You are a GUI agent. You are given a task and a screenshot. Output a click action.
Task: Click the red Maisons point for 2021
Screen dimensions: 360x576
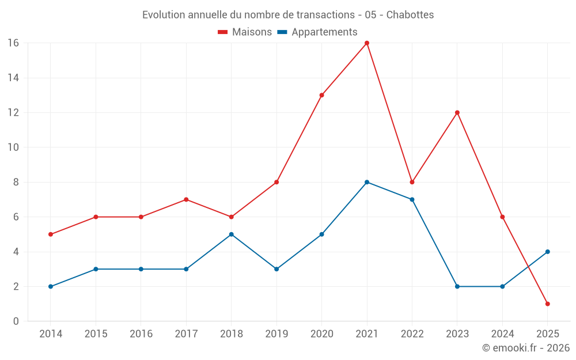coord(367,43)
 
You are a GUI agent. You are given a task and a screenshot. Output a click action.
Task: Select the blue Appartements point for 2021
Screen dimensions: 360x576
coord(367,182)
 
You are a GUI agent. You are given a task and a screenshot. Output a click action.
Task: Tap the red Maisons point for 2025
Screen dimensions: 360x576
coord(547,304)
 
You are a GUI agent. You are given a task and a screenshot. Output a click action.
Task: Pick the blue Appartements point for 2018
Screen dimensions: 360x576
coord(231,234)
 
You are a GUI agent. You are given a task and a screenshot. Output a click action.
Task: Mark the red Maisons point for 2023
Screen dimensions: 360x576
coord(457,113)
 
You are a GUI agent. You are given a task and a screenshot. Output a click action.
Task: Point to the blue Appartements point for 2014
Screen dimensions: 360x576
coord(51,286)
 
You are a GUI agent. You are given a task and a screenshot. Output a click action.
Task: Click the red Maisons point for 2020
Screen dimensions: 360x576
coord(321,95)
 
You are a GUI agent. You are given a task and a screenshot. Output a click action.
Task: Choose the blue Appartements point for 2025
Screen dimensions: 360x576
coord(547,252)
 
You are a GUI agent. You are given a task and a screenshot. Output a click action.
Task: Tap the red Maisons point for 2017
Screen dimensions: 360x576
coord(186,199)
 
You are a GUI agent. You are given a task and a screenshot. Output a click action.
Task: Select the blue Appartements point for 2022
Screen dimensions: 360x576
coord(412,199)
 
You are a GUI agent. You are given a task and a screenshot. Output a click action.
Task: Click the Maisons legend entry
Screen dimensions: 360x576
coord(245,32)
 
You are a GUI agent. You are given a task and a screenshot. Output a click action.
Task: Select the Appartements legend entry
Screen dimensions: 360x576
coord(317,32)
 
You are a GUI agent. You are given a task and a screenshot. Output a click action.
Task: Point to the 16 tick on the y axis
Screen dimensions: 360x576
coord(13,43)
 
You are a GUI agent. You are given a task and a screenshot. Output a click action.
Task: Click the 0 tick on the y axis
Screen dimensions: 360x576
coord(16,321)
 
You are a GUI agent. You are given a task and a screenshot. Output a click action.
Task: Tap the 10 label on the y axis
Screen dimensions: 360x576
coord(13,147)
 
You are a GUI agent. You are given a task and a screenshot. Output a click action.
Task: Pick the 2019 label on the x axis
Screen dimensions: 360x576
coord(276,334)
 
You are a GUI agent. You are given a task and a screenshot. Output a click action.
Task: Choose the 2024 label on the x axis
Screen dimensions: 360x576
coord(502,334)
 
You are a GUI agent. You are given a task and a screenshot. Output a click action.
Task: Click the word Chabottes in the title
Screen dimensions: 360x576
coord(410,14)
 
